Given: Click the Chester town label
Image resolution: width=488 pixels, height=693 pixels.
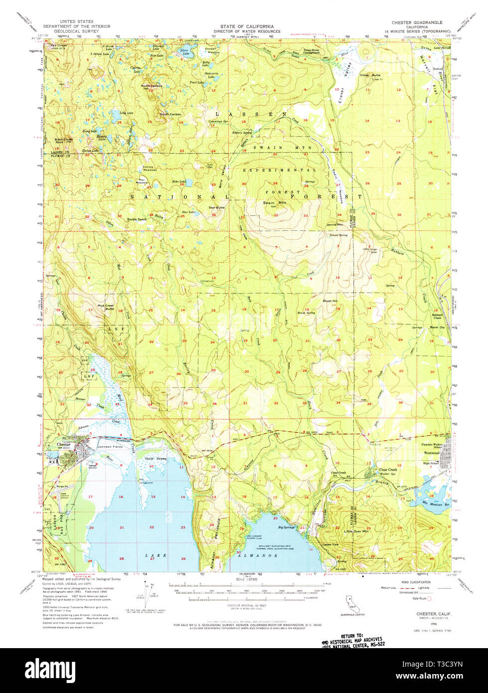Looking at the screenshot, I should (63, 444).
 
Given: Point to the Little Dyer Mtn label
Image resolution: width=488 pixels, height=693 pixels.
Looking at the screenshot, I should (356, 532).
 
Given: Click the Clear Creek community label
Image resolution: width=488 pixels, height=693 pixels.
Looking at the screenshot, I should (388, 470).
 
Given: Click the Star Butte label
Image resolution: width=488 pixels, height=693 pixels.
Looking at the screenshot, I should (216, 207).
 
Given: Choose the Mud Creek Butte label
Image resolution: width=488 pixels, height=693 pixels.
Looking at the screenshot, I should (106, 307).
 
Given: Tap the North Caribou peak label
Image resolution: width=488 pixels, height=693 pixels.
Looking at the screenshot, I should (152, 86).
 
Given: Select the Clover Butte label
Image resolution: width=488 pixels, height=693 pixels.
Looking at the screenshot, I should (370, 75).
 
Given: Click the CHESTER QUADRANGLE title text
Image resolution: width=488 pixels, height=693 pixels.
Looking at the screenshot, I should (413, 22).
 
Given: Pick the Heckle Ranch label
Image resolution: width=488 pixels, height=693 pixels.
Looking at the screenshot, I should (137, 219).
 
